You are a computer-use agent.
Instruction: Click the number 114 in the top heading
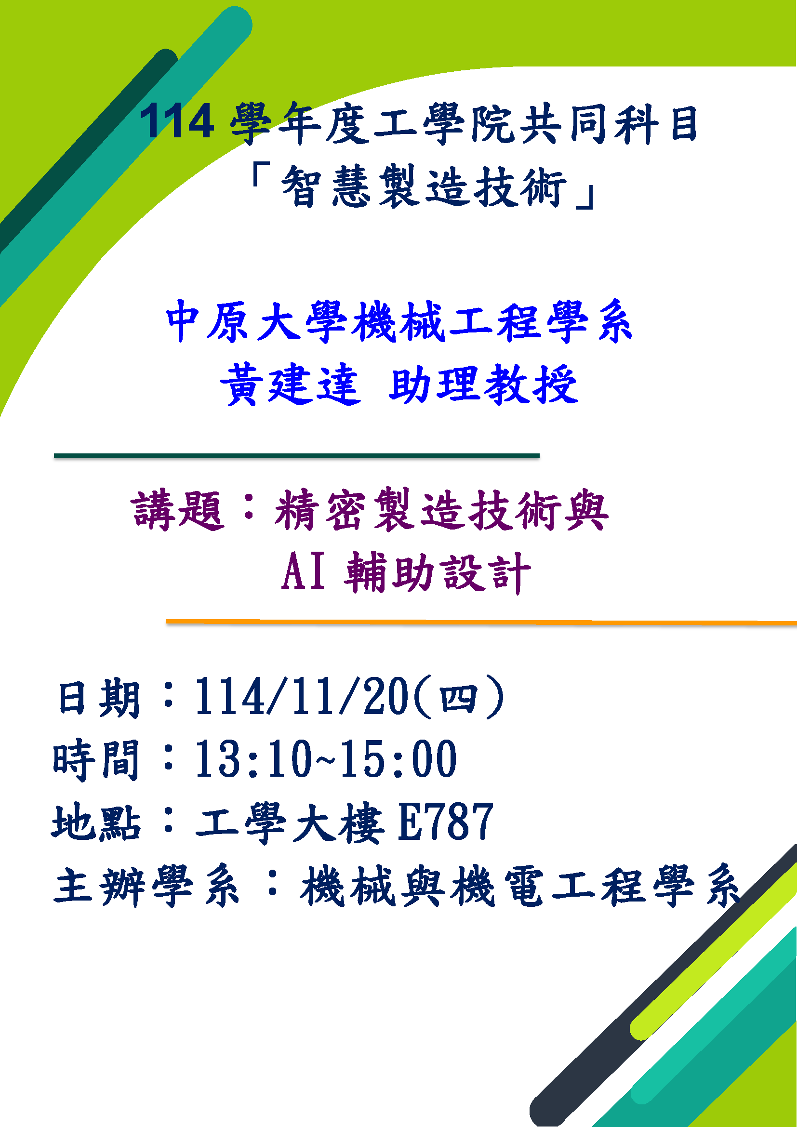[x=177, y=121]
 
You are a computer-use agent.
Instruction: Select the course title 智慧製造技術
[x=424, y=186]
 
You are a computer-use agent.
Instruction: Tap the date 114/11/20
[x=302, y=697]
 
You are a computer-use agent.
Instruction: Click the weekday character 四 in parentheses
[x=458, y=698]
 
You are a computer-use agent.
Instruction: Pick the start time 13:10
[x=254, y=759]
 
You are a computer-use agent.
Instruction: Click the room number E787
[x=445, y=821]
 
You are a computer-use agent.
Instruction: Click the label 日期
[x=99, y=698]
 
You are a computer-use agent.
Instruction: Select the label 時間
[x=96, y=760]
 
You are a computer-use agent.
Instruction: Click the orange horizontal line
[x=481, y=622]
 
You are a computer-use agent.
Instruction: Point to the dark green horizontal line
[x=296, y=455]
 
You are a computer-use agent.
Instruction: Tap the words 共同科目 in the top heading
[x=609, y=124]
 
